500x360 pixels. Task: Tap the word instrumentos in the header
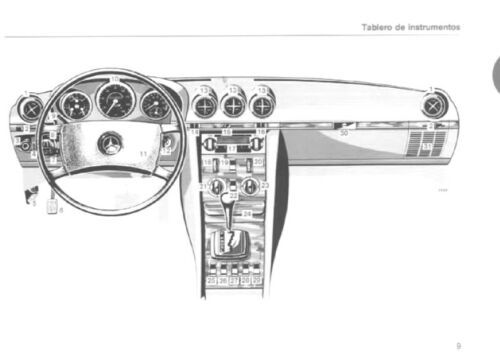433,27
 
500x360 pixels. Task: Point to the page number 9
458,345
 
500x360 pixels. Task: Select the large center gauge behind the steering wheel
115,101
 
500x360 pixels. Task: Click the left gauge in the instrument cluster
75,105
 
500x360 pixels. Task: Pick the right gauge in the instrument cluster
154,104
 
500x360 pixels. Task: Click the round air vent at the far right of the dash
432,104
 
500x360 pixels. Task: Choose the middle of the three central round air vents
233,103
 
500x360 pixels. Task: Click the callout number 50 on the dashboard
345,131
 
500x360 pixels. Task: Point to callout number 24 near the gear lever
247,214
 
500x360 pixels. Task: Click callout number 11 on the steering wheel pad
143,153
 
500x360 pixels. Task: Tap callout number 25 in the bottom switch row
211,281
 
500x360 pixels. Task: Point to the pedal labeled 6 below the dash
52,205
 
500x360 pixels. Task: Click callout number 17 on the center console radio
233,147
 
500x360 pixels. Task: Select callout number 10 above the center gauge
115,79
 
